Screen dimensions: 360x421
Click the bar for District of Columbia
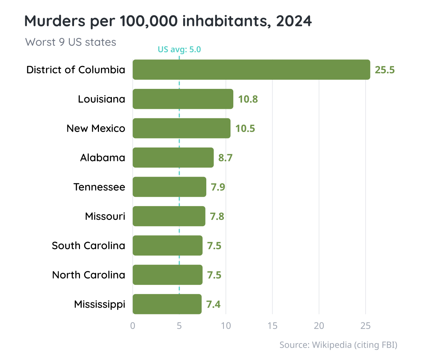tap(251, 70)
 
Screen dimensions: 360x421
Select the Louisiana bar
tap(183, 99)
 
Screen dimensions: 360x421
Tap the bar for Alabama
tap(173, 158)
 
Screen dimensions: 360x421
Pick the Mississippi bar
tap(167, 304)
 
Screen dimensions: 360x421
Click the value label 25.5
tap(385, 70)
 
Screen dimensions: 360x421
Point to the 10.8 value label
tap(248, 99)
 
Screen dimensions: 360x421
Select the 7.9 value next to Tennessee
tap(218, 187)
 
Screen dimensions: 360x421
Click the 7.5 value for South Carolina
tap(214, 246)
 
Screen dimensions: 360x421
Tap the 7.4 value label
tap(213, 305)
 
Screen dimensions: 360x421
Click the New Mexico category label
tap(96, 129)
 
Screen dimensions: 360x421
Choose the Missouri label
tap(105, 216)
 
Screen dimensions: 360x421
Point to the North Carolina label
tap(88, 275)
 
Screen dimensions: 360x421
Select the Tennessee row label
tap(99, 187)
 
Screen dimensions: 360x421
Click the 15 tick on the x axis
tap(272, 326)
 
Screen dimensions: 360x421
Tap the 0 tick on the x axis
tap(133, 326)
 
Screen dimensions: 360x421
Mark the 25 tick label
tap(366, 326)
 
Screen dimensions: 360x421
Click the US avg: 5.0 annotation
tap(179, 50)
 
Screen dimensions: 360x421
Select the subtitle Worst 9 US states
tap(71, 42)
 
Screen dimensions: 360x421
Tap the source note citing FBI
tap(338, 345)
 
